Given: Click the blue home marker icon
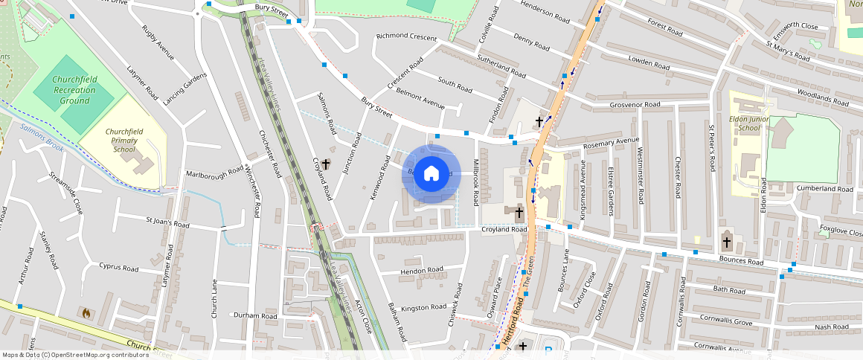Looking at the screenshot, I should [431, 174].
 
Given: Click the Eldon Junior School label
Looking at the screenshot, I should [750, 122].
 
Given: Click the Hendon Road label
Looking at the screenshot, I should [422, 270].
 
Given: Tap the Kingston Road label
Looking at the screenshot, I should [423, 308].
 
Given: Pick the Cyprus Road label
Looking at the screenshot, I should [119, 267].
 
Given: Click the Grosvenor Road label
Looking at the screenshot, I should [635, 105].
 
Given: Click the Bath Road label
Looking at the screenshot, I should [728, 290].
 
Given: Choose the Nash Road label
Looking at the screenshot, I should [831, 327].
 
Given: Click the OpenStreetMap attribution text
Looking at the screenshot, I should [75, 355].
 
